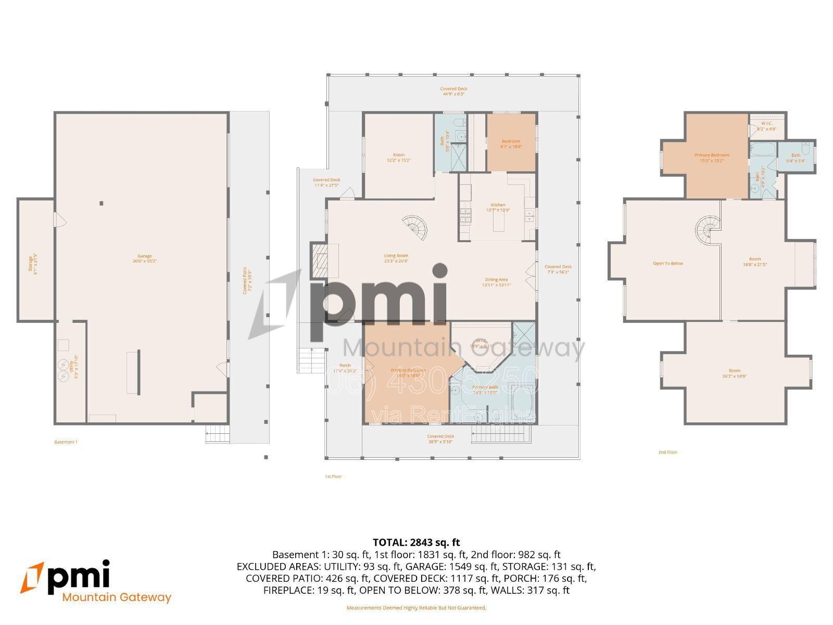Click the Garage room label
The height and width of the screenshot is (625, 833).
(x=144, y=258)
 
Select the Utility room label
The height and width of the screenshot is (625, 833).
(x=73, y=367)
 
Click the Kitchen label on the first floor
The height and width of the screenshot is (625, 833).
(x=498, y=207)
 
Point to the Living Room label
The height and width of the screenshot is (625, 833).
(x=396, y=258)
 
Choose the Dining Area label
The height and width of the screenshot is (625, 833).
(x=496, y=282)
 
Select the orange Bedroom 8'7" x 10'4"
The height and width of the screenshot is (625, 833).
(x=511, y=144)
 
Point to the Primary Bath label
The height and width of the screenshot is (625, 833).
(x=485, y=390)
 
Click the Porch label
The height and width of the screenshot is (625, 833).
(x=345, y=368)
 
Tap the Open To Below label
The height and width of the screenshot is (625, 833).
(x=668, y=264)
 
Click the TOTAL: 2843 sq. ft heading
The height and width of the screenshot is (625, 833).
(x=416, y=542)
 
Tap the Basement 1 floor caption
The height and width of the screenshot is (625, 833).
(x=66, y=442)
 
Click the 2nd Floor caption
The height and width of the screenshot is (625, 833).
(x=667, y=452)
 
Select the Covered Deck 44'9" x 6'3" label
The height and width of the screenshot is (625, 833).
(x=453, y=92)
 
